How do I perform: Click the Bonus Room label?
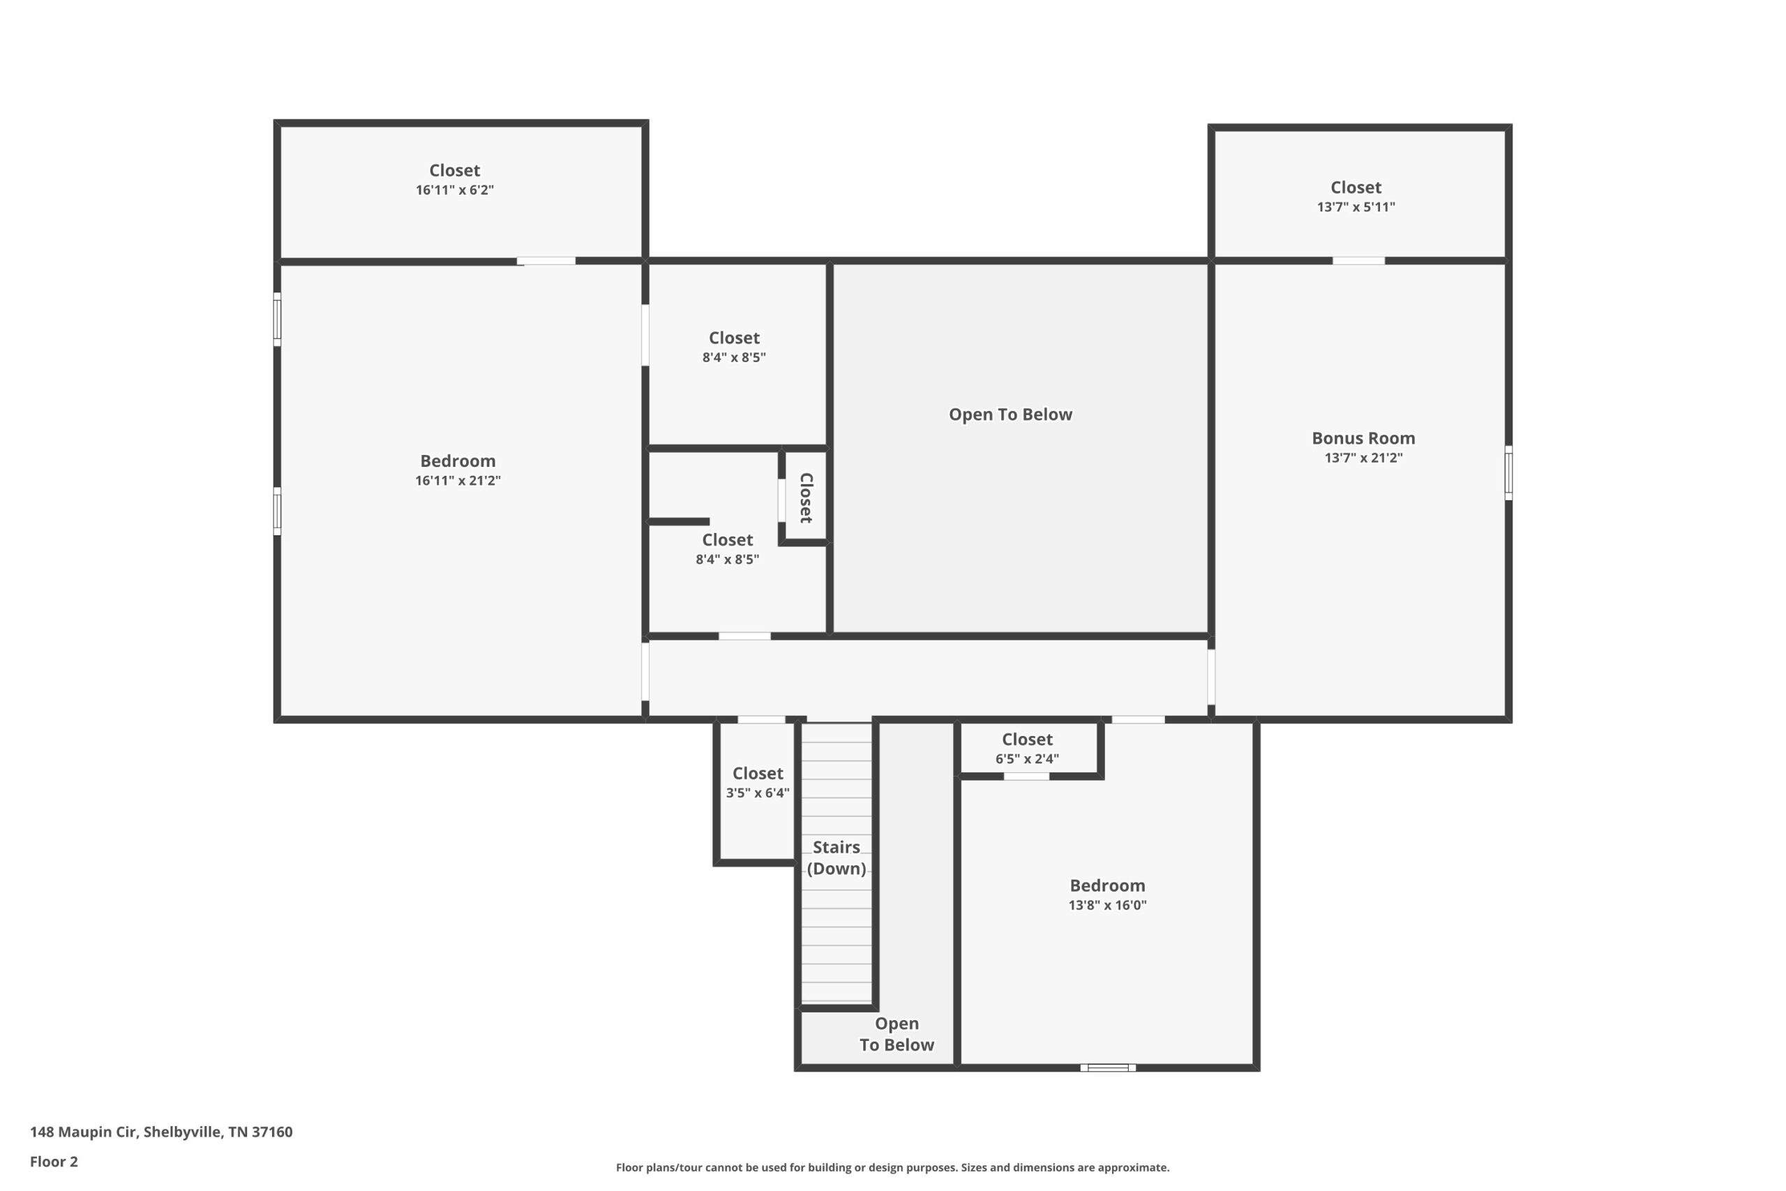pyautogui.click(x=1363, y=438)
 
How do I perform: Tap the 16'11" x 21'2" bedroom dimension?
pyautogui.click(x=458, y=481)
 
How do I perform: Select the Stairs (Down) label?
pyautogui.click(x=836, y=857)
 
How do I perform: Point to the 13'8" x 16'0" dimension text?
pyautogui.click(x=1107, y=906)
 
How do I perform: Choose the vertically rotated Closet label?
pyautogui.click(x=806, y=497)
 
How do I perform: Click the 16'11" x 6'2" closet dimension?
pyautogui.click(x=454, y=190)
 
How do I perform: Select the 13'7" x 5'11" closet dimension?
pyautogui.click(x=1356, y=207)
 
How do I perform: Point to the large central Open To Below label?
pyautogui.click(x=1010, y=414)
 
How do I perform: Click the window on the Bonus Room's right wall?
pyautogui.click(x=1508, y=472)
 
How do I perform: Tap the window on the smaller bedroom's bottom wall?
pyautogui.click(x=1108, y=1068)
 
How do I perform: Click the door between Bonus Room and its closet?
pyautogui.click(x=1358, y=261)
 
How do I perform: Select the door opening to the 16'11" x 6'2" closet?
pyautogui.click(x=546, y=261)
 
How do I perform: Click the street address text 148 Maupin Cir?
pyautogui.click(x=83, y=1132)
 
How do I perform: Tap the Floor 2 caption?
pyautogui.click(x=54, y=1162)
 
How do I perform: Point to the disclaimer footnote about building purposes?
pyautogui.click(x=892, y=1167)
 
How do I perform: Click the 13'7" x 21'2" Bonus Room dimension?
pyautogui.click(x=1363, y=458)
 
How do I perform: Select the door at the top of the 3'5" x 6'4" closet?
pyautogui.click(x=761, y=719)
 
